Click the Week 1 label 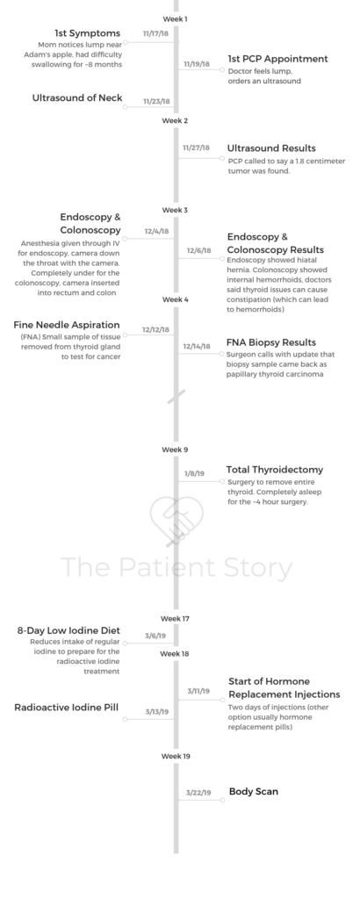point(175,19)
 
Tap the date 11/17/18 point(156,33)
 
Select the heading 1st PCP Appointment point(277,59)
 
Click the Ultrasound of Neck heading point(76,98)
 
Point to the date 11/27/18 point(196,147)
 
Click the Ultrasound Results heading point(271,147)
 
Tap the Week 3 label point(175,211)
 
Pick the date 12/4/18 point(156,232)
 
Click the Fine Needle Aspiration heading point(67,325)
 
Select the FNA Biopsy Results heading point(271,343)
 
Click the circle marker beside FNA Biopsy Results point(222,354)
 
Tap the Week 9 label point(175,450)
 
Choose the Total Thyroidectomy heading point(275,470)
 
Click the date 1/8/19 point(194,473)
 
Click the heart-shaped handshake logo point(176,519)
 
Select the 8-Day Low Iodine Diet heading point(68,630)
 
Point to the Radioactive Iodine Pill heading point(67,708)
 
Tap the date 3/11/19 point(198,692)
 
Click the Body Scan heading point(254,792)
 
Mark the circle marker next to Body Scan point(222,800)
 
